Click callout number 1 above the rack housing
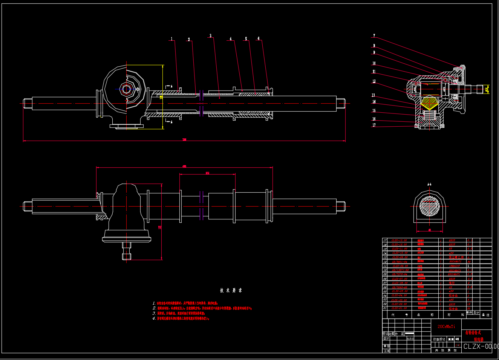click(x=171, y=39)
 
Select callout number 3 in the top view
click(x=211, y=36)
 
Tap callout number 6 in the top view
click(x=259, y=38)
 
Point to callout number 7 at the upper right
click(x=374, y=36)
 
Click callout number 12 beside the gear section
click(x=374, y=81)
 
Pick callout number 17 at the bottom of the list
click(x=374, y=125)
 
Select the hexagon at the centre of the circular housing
click(x=126, y=89)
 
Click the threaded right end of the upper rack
click(x=341, y=103)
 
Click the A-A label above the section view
click(x=429, y=184)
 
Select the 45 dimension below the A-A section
click(x=430, y=230)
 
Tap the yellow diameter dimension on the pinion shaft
click(x=487, y=89)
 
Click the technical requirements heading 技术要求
click(x=231, y=290)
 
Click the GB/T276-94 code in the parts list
click(x=400, y=274)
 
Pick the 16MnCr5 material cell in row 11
click(x=454, y=266)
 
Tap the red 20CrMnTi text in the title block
click(x=446, y=326)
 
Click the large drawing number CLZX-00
click(x=481, y=346)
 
